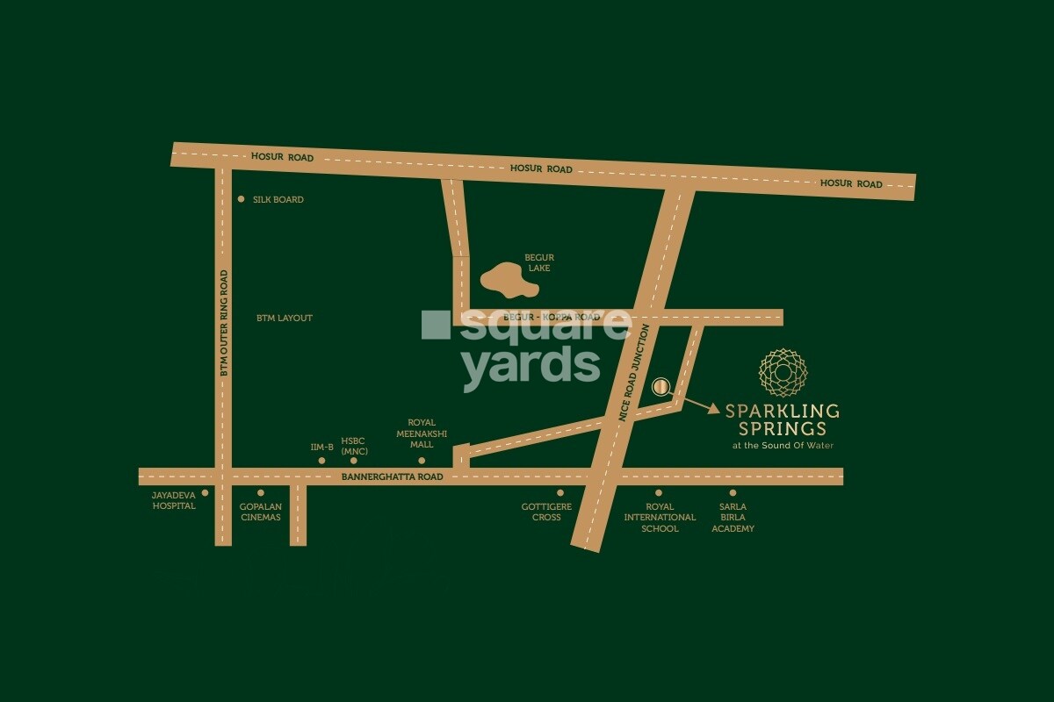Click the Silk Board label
(x=278, y=200)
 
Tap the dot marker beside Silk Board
(x=242, y=199)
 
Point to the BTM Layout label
(x=284, y=318)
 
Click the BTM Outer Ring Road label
(x=224, y=323)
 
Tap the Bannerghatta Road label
(x=392, y=476)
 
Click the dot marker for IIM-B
(x=322, y=460)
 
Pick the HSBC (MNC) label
(x=353, y=447)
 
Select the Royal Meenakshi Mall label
(x=422, y=433)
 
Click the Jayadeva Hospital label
(x=174, y=500)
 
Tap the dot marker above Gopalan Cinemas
(x=261, y=493)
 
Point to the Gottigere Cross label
(x=541, y=512)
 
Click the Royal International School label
(x=660, y=518)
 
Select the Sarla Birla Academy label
(x=733, y=518)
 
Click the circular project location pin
(x=661, y=386)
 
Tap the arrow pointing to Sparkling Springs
(x=699, y=405)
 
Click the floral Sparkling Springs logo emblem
(x=781, y=372)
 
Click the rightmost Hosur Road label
(x=850, y=184)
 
